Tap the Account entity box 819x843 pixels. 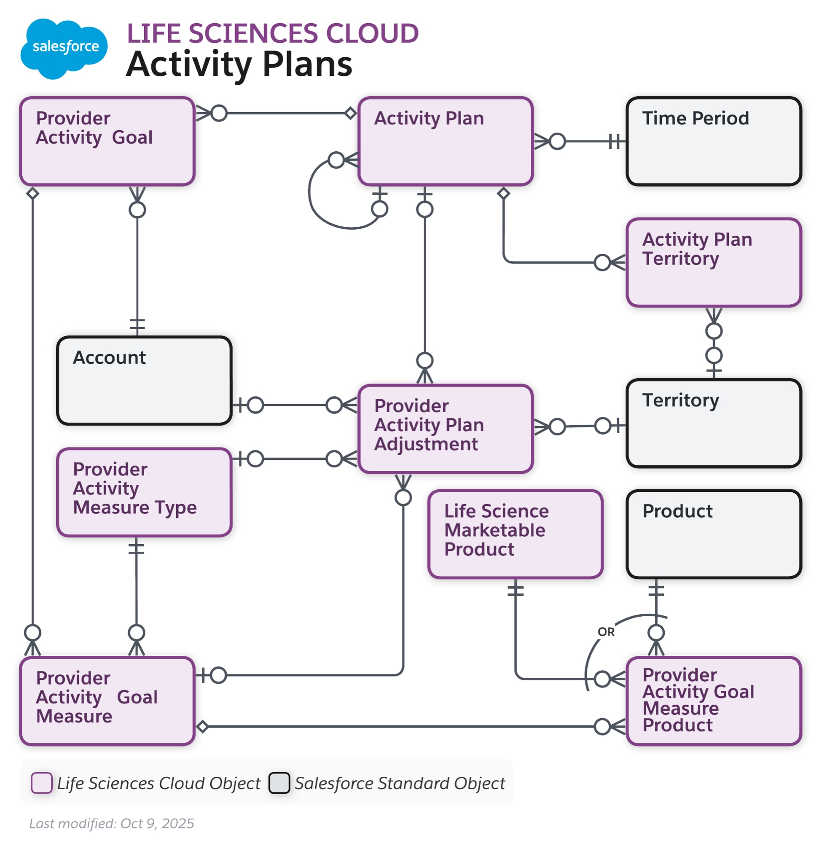[x=144, y=381]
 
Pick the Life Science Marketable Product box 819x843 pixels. [x=515, y=534]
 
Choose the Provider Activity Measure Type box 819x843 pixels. [x=144, y=492]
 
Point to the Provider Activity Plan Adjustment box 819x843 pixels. [x=445, y=429]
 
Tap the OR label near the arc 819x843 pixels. [x=606, y=632]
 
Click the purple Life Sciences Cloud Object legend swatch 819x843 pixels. [x=42, y=782]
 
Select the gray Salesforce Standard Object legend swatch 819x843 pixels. [x=279, y=782]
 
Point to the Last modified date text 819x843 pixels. [x=111, y=823]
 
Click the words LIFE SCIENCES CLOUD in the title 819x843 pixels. [x=272, y=34]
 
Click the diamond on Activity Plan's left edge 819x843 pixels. [x=351, y=113]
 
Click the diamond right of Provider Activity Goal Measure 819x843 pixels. [x=202, y=726]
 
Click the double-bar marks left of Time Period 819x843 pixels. [x=615, y=141]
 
